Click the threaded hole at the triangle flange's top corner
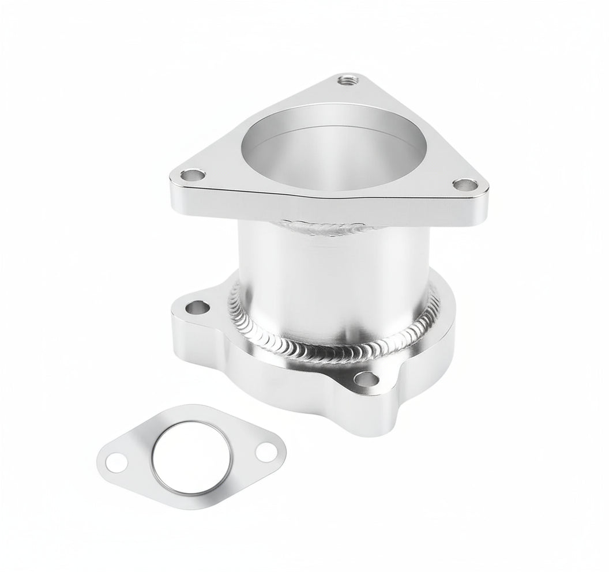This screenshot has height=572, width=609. tap(348, 79)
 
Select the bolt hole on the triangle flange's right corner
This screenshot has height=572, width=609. tap(463, 184)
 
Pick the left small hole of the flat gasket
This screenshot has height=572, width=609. tap(119, 461)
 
